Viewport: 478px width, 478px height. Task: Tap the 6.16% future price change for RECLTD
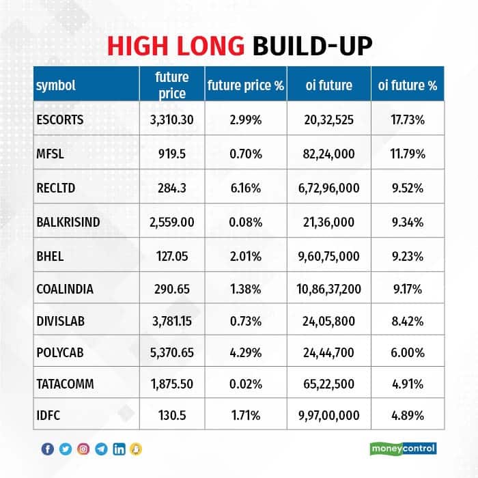[x=245, y=187]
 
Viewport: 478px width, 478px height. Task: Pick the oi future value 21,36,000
[x=329, y=221]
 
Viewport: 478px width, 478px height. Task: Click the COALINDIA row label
[x=64, y=289]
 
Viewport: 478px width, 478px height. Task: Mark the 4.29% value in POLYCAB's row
[x=245, y=357]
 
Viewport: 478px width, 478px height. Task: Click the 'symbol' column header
[x=55, y=86]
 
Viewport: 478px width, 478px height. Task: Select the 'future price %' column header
[x=245, y=86]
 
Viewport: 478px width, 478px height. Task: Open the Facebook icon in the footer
[x=48, y=449]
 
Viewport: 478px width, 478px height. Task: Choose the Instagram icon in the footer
[x=83, y=449]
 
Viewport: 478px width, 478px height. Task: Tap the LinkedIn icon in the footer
[x=119, y=449]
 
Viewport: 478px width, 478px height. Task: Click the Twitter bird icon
[x=66, y=449]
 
